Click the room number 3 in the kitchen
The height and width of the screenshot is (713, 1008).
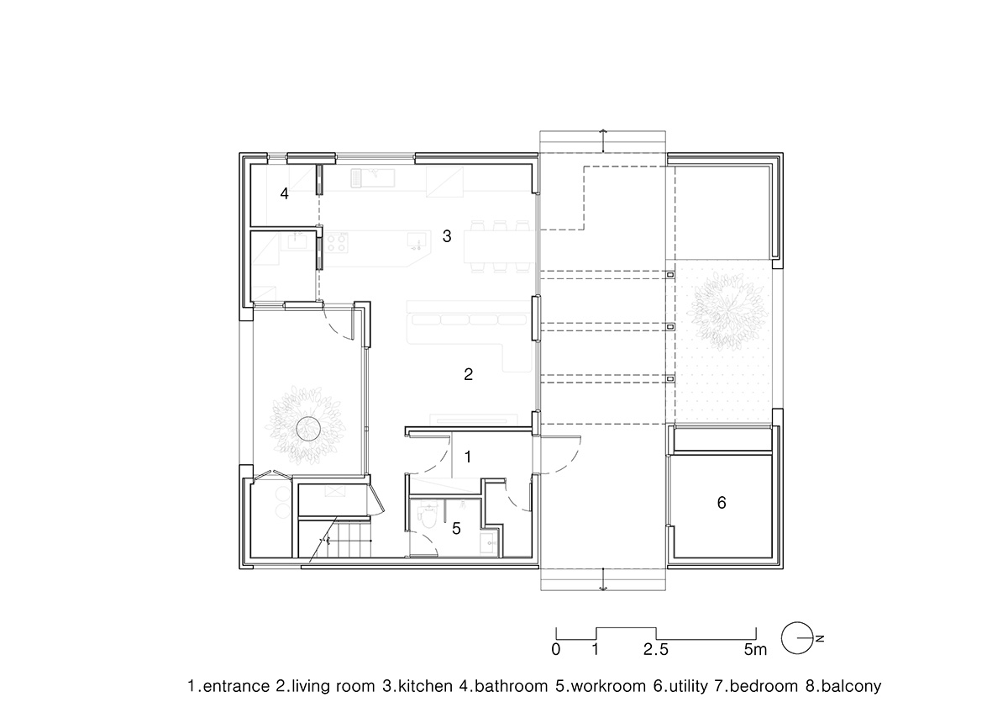(447, 237)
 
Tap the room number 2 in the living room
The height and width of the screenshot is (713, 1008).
(469, 375)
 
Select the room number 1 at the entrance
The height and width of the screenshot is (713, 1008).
(468, 457)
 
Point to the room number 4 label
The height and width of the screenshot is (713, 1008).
(285, 194)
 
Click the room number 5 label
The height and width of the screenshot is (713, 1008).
(456, 529)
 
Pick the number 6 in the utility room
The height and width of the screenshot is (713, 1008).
(721, 504)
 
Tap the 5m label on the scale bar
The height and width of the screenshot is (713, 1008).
(755, 649)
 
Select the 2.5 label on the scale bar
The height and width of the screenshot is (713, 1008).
(656, 649)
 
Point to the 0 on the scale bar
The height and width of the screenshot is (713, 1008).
(556, 649)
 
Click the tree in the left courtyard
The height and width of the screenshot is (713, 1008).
(307, 425)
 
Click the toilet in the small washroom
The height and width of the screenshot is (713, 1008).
(429, 518)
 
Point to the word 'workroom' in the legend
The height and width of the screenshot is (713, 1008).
(601, 685)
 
